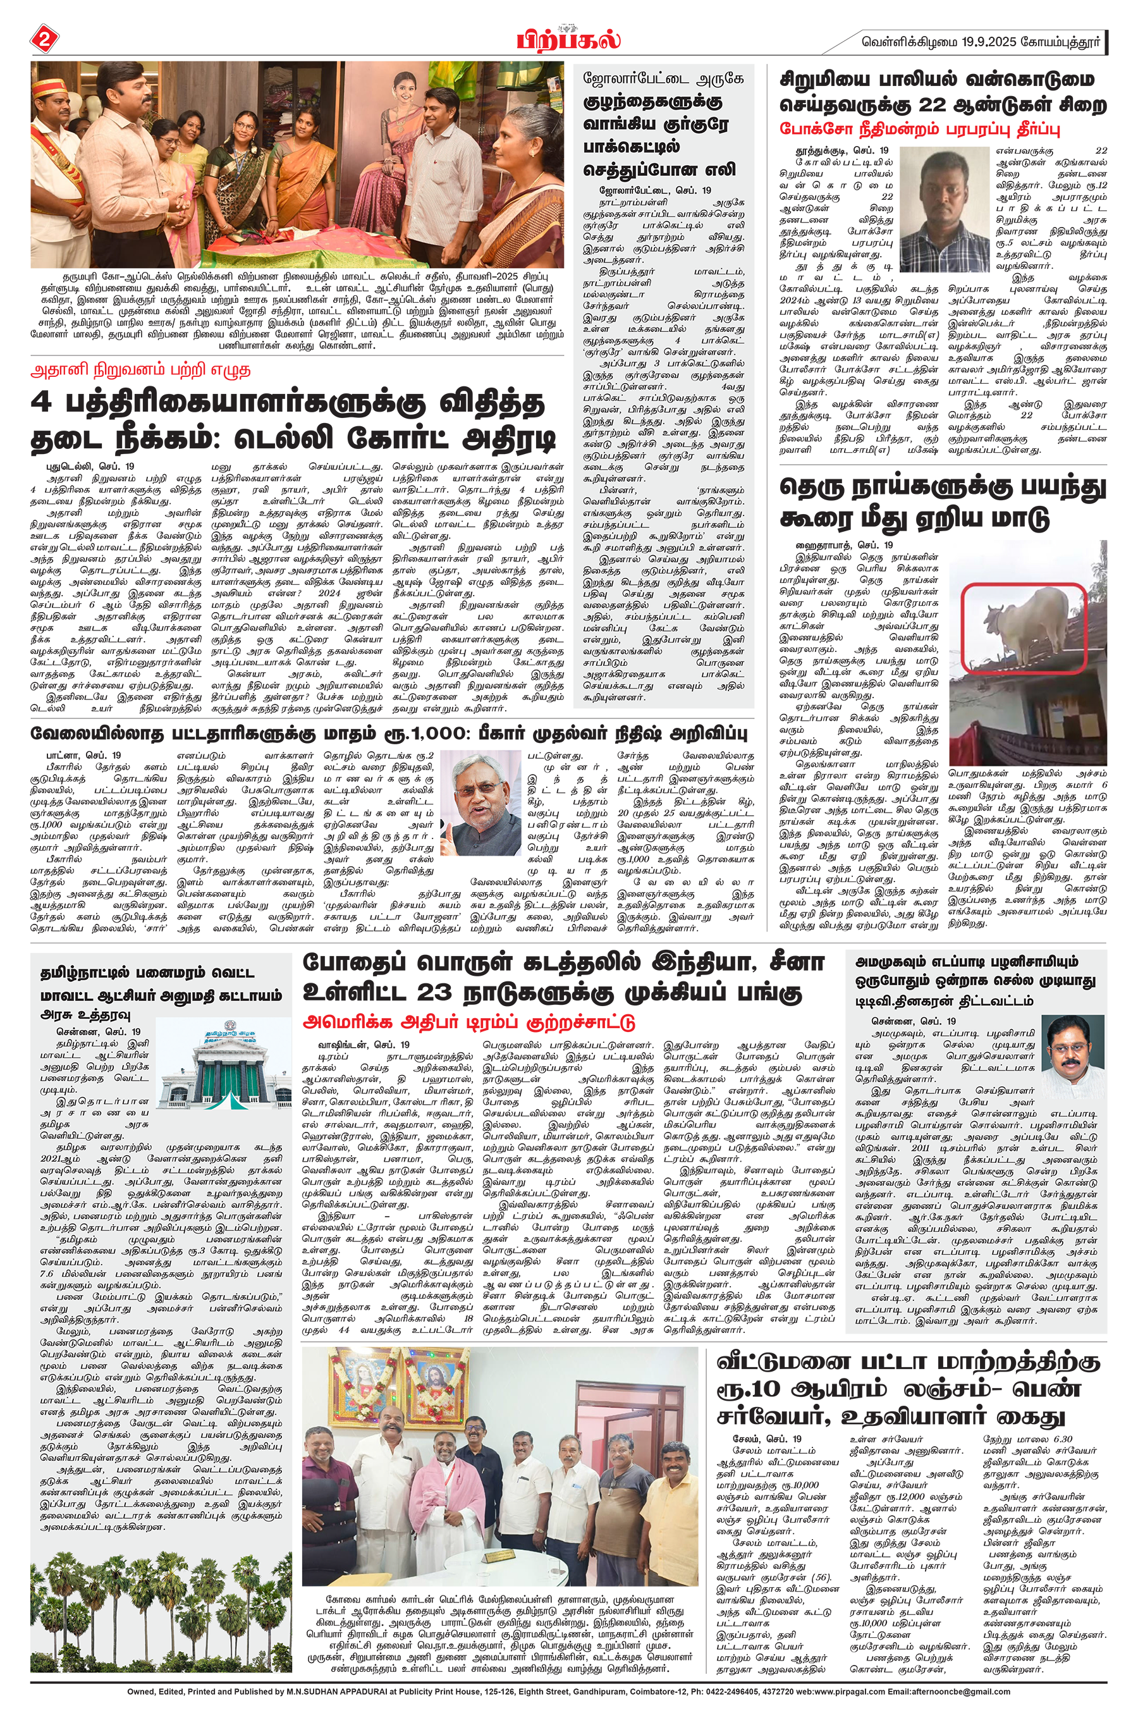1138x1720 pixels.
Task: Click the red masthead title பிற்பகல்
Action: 568,38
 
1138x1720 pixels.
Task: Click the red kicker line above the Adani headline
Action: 140,369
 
